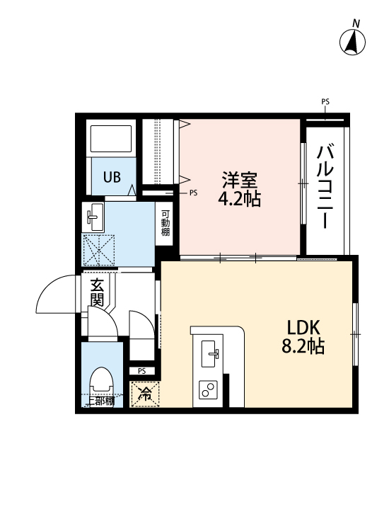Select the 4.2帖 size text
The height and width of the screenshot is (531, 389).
[239, 199]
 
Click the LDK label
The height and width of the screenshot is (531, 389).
[304, 328]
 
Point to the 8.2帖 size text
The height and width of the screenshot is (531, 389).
[304, 347]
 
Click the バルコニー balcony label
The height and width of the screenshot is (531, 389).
[326, 186]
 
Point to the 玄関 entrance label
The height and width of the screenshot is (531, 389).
[97, 292]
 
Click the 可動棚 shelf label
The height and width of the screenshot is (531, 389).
[165, 223]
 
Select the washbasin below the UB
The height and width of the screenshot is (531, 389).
[94, 217]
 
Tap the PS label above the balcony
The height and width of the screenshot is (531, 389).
[325, 102]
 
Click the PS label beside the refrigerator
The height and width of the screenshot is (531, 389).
[141, 370]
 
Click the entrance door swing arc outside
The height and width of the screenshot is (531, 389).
[55, 294]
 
